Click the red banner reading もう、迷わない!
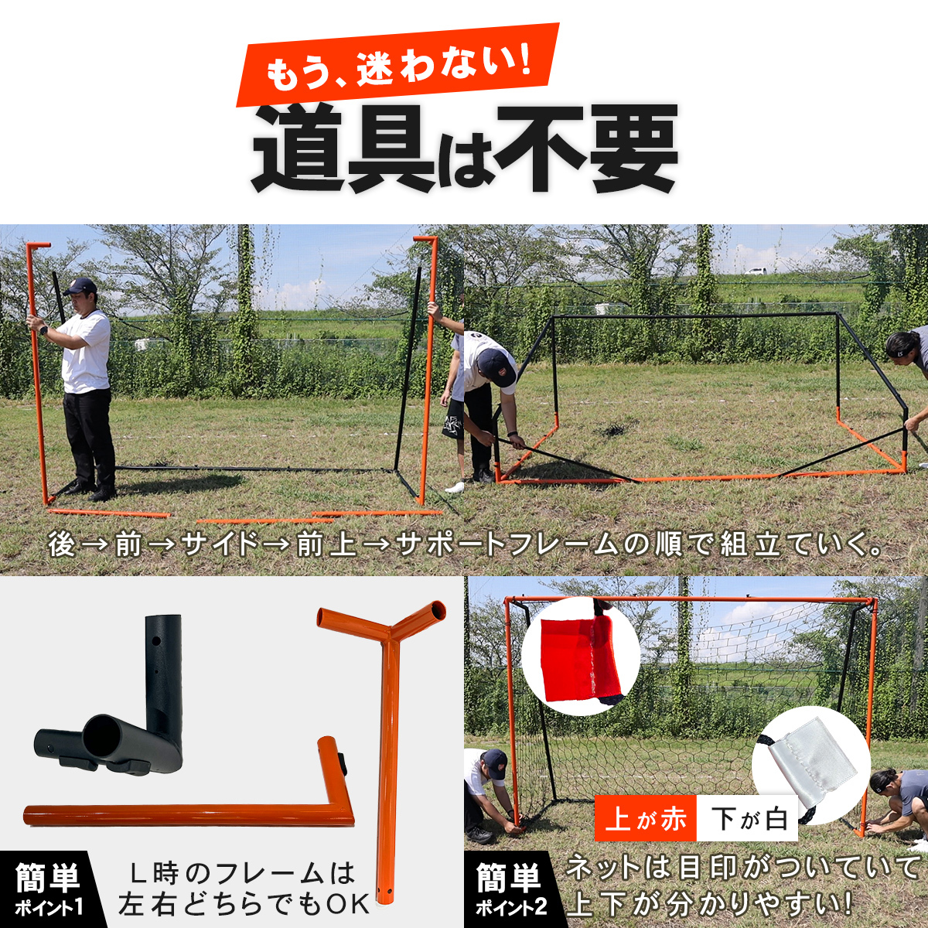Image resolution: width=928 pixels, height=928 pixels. point(397,65)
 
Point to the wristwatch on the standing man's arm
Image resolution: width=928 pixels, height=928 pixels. point(43,330)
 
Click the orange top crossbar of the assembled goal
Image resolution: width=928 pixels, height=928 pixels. point(690,599)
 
